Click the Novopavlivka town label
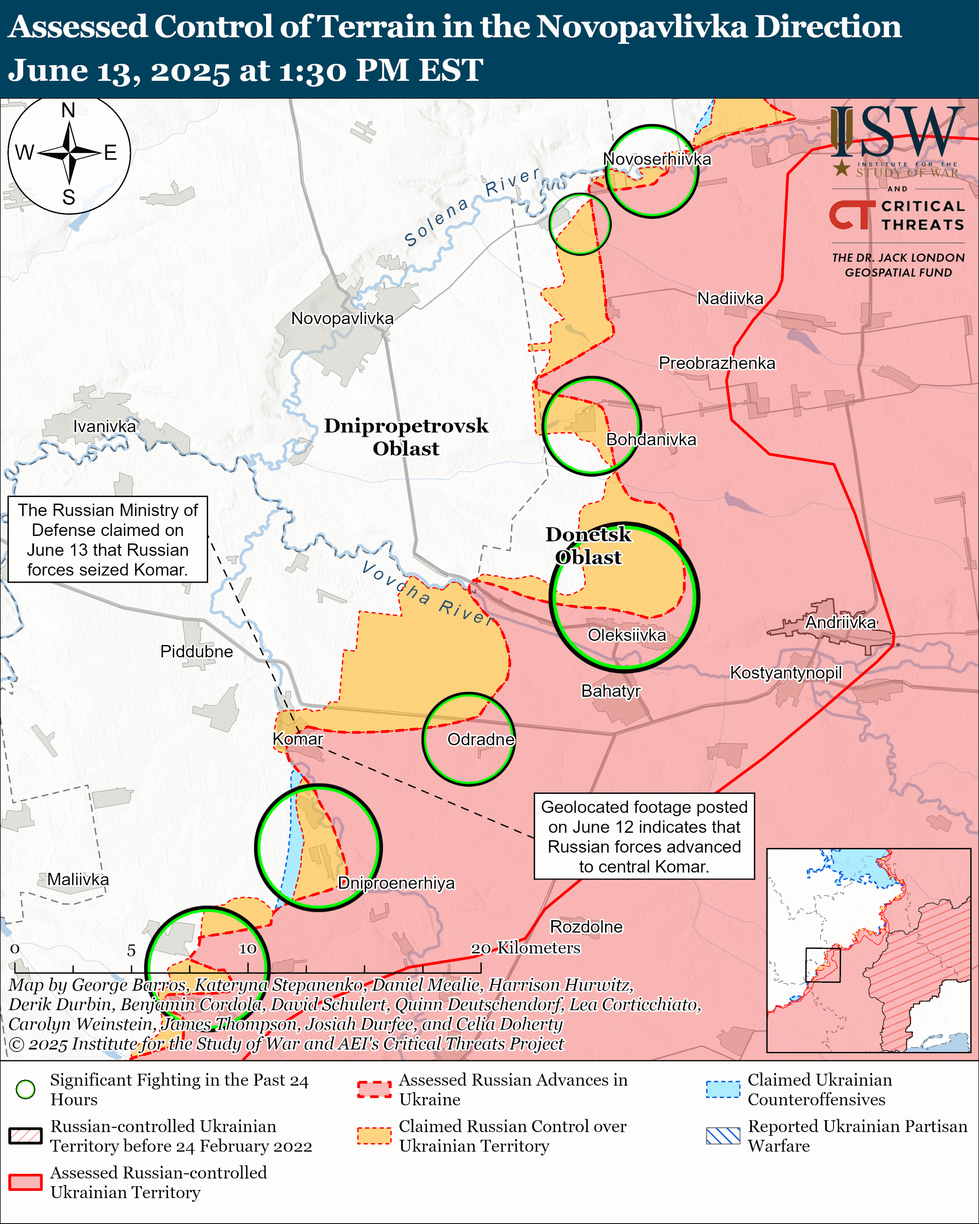click(x=342, y=318)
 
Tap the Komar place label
click(x=298, y=739)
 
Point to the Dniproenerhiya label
click(x=396, y=883)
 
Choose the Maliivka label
click(x=78, y=880)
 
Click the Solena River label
click(x=471, y=207)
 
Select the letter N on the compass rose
click(x=69, y=110)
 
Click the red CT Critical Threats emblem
click(x=852, y=215)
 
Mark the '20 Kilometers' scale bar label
click(x=526, y=948)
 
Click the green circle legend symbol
click(x=26, y=1089)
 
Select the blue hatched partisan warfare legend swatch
click(x=723, y=1135)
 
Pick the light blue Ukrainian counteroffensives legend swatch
click(x=723, y=1089)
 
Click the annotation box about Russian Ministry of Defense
click(x=108, y=539)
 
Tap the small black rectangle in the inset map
click(x=822, y=965)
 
